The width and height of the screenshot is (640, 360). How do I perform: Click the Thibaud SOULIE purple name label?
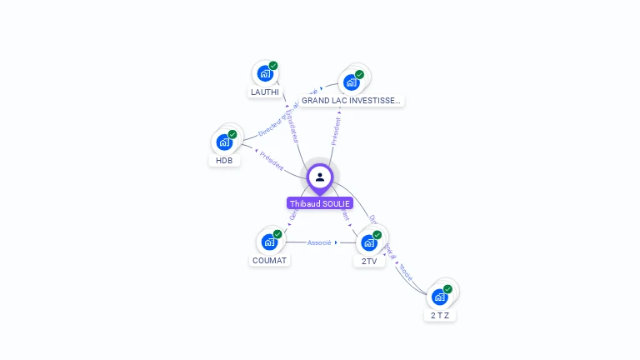[x=320, y=203]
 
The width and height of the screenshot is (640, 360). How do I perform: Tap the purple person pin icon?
[x=320, y=177]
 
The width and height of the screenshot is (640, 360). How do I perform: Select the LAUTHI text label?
[x=265, y=92]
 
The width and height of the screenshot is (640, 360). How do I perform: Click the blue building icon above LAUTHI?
[x=265, y=73]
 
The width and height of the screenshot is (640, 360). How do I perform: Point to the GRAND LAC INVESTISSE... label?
[x=351, y=100]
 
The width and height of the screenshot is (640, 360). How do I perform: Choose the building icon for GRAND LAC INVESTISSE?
[x=352, y=82]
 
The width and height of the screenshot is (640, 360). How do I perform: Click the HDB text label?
[x=224, y=160]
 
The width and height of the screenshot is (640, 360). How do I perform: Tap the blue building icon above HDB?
[x=224, y=142]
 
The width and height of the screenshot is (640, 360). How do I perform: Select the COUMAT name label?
[x=269, y=260]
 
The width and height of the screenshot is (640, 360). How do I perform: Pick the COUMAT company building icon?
[x=269, y=242]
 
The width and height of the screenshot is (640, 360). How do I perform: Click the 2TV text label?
[x=369, y=261]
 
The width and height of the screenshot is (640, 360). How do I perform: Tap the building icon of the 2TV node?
[x=369, y=242]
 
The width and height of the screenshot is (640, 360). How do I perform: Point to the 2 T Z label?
[x=440, y=315]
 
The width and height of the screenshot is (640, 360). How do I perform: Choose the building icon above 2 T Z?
[x=440, y=296]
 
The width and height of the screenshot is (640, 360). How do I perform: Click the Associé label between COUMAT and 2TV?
[x=319, y=242]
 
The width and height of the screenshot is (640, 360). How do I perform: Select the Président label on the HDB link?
[x=272, y=161]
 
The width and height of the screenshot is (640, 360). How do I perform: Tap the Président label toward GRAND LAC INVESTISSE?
[x=336, y=132]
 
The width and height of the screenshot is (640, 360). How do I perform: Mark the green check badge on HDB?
[x=232, y=134]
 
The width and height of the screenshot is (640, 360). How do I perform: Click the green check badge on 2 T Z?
[x=447, y=289]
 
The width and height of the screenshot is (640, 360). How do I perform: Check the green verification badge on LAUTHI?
[x=273, y=66]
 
